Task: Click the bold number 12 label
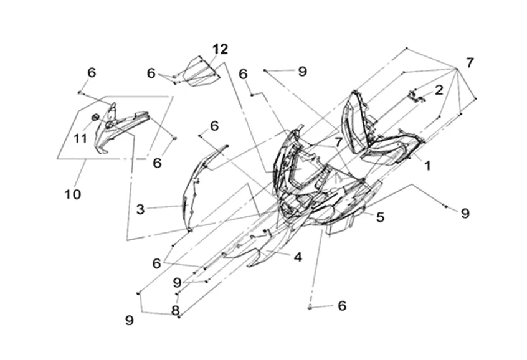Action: [x=220, y=49]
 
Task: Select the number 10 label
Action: [x=72, y=194]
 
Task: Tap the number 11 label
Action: [x=80, y=138]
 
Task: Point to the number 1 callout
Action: [x=427, y=166]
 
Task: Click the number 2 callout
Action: [x=439, y=90]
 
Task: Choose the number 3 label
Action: [x=141, y=210]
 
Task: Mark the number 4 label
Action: [x=298, y=256]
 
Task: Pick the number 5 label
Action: [x=380, y=217]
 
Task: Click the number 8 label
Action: [x=176, y=310]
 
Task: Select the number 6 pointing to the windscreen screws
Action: [x=151, y=73]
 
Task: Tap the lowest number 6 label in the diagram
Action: [x=341, y=306]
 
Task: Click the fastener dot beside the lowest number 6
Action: [x=310, y=307]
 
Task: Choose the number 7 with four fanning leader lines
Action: [x=470, y=63]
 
